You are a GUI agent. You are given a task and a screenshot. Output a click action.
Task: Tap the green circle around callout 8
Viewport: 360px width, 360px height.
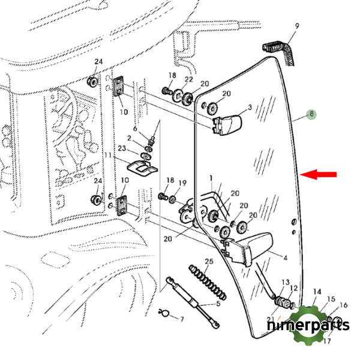point(310,114)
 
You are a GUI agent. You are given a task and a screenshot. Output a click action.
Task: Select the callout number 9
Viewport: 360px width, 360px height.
point(297,26)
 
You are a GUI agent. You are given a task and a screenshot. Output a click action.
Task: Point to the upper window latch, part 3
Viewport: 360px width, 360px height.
point(228,124)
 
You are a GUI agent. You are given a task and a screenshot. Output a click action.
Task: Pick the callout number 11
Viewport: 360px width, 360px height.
point(109,155)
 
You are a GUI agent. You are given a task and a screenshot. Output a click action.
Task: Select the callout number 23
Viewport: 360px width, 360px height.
point(122,149)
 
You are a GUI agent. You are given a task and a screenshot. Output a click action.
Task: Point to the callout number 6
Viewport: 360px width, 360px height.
point(135,129)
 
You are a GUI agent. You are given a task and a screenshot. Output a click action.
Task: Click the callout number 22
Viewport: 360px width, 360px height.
point(188,80)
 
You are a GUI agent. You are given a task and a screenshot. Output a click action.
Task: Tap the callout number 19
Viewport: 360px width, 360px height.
point(183,182)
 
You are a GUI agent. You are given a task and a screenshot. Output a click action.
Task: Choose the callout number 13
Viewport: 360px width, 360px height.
point(286,282)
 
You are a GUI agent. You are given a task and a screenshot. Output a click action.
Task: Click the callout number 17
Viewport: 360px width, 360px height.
point(327,341)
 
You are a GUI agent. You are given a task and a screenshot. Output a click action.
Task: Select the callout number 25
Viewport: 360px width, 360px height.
point(209,262)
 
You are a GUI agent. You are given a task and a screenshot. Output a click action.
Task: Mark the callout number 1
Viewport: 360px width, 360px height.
point(211,178)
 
